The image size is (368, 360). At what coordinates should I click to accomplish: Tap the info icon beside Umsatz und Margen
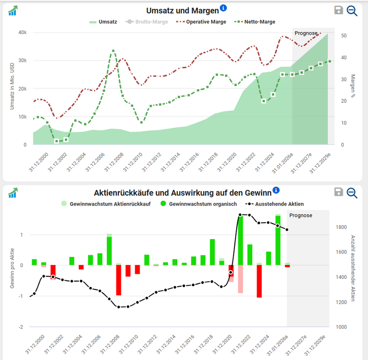tap(223, 9)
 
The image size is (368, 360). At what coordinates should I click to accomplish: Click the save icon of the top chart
tap(338, 11)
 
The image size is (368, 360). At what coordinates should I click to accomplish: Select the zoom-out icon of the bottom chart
tap(352, 192)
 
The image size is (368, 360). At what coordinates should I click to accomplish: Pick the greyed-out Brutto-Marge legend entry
tap(147, 22)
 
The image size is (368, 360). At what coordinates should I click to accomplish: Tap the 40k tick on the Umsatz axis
tap(22, 33)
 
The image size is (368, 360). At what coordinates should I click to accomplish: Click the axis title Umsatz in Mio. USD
tap(12, 85)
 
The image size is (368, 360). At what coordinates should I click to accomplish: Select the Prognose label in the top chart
tap(306, 33)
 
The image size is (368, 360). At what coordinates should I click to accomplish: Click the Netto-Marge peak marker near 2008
tap(113, 50)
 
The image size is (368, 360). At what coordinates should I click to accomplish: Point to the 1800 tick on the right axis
tap(342, 227)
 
